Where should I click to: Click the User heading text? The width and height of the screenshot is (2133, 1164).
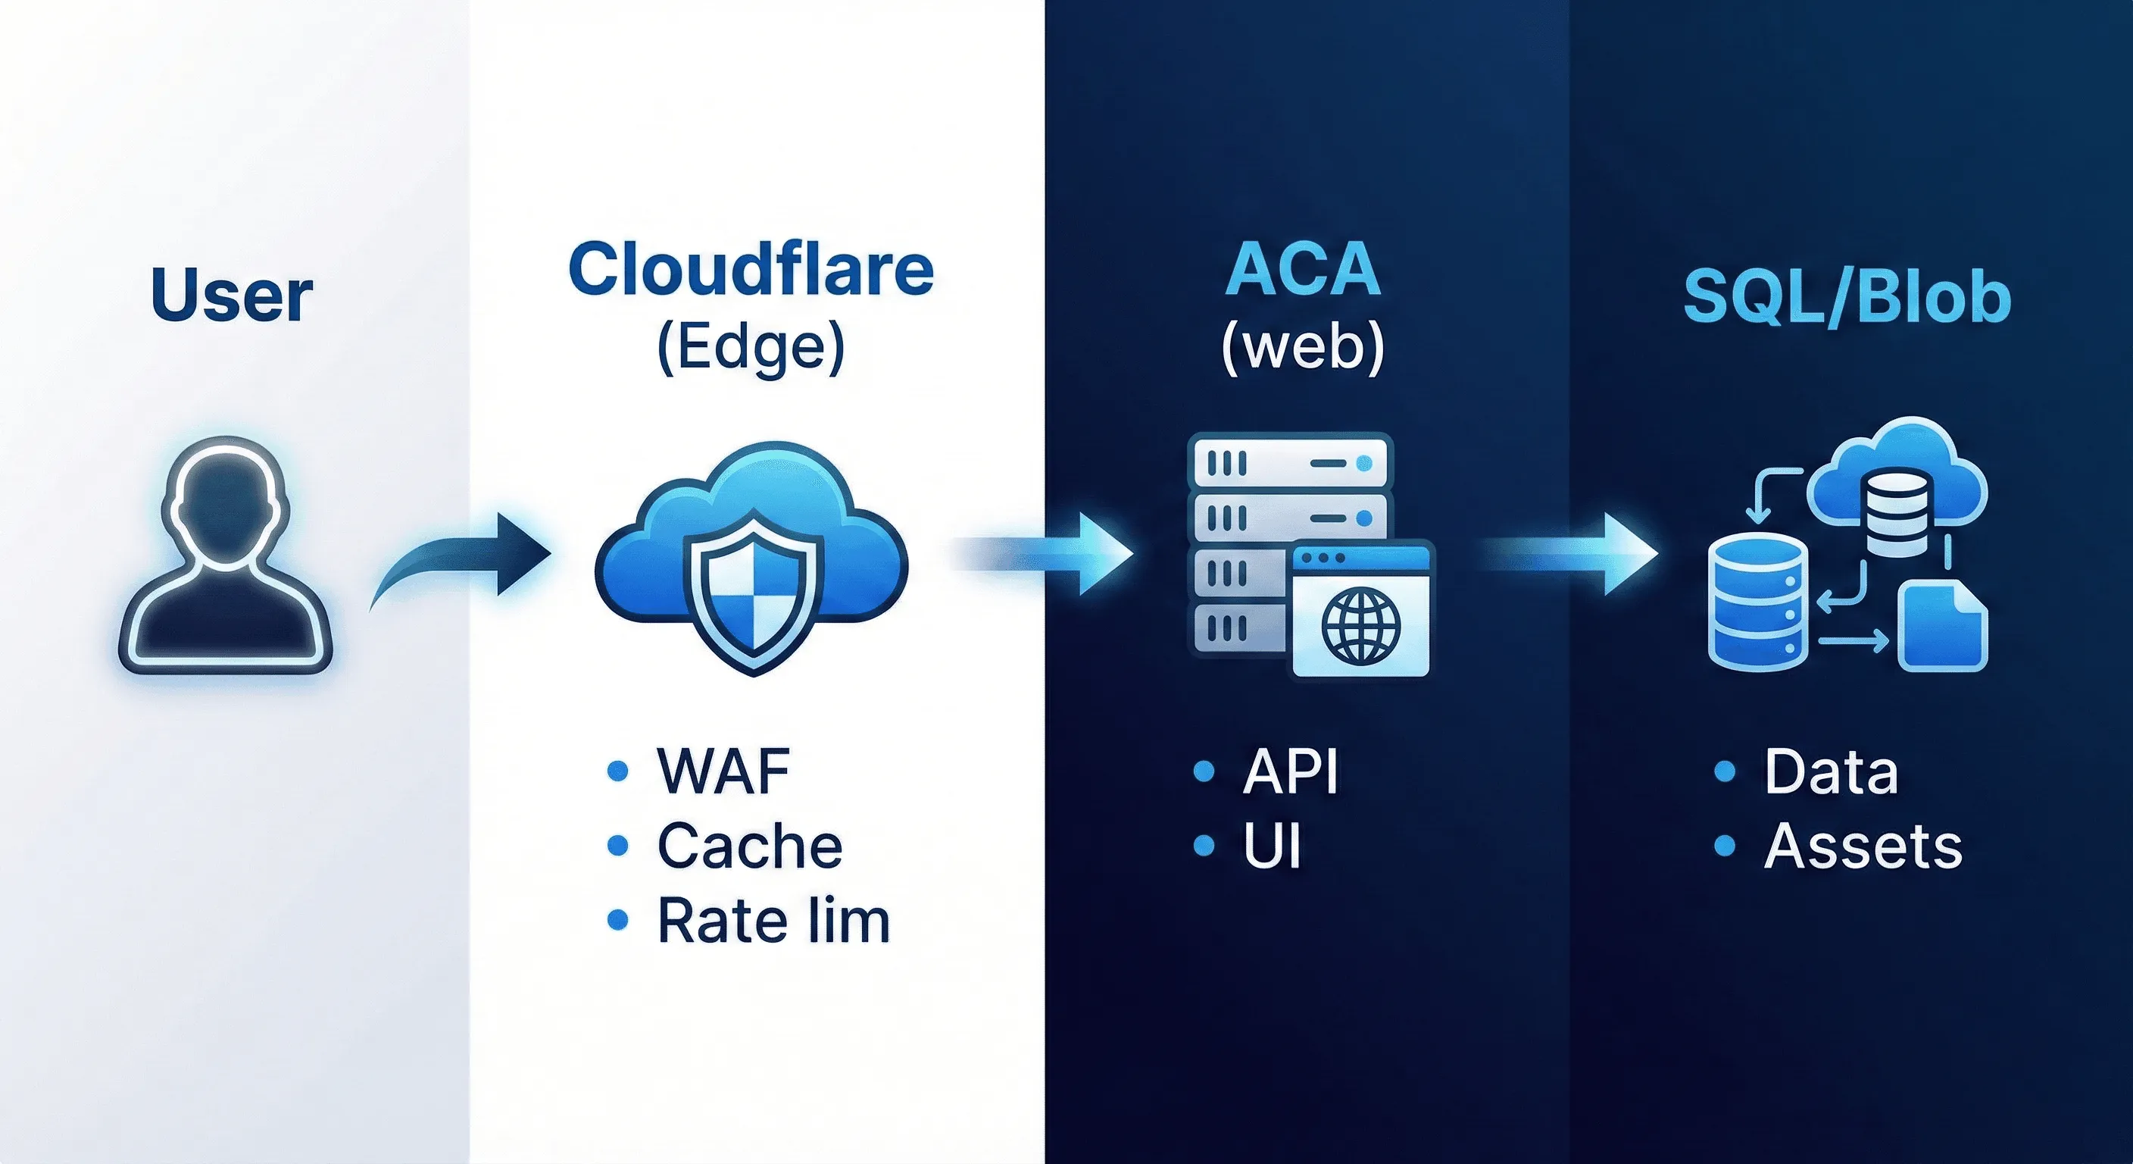point(232,296)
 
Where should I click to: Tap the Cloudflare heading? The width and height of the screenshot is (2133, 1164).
point(751,269)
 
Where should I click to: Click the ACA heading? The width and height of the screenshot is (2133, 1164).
point(1303,269)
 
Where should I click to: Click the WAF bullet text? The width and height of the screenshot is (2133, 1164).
point(723,771)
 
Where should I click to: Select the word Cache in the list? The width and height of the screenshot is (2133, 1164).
point(749,846)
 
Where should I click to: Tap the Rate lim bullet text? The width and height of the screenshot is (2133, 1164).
point(773,921)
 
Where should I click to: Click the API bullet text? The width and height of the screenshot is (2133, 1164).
point(1290,771)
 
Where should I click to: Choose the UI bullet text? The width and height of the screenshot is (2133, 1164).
point(1272,846)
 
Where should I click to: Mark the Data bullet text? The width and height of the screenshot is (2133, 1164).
point(1831,771)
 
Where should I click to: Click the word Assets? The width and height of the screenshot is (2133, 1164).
point(1863,846)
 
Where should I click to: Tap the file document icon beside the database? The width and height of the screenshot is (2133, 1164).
point(1941,625)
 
